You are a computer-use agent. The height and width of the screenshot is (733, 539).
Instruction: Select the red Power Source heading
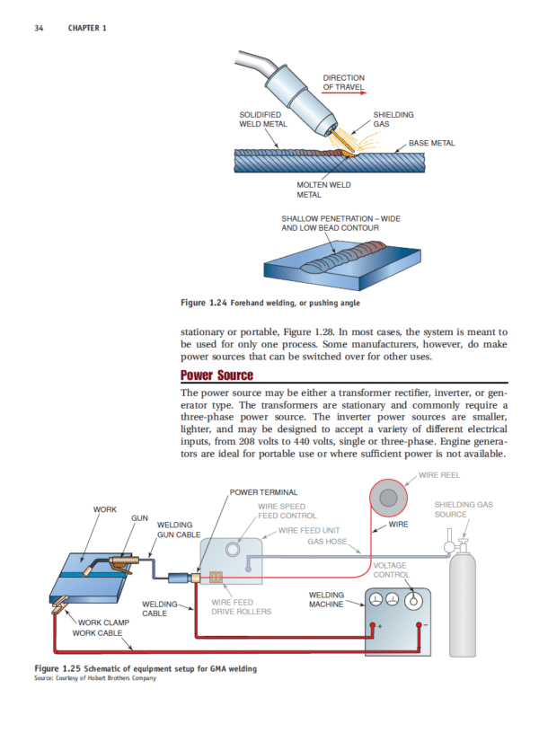pos(216,375)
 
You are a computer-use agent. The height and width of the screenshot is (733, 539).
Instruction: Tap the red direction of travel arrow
pos(346,93)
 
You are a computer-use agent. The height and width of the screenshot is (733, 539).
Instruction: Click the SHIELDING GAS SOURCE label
pos(463,509)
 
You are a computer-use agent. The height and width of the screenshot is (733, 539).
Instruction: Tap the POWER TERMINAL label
pos(257,492)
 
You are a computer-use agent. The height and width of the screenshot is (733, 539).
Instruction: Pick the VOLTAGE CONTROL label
pos(391,570)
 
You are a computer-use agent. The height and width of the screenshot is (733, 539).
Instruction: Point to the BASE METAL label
pos(431,143)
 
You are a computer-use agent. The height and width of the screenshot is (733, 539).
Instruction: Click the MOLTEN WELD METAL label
pos(323,189)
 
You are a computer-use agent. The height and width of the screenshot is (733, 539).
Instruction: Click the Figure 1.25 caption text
pos(146,668)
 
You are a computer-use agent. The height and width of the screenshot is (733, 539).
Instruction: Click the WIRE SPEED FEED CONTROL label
pos(287,511)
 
